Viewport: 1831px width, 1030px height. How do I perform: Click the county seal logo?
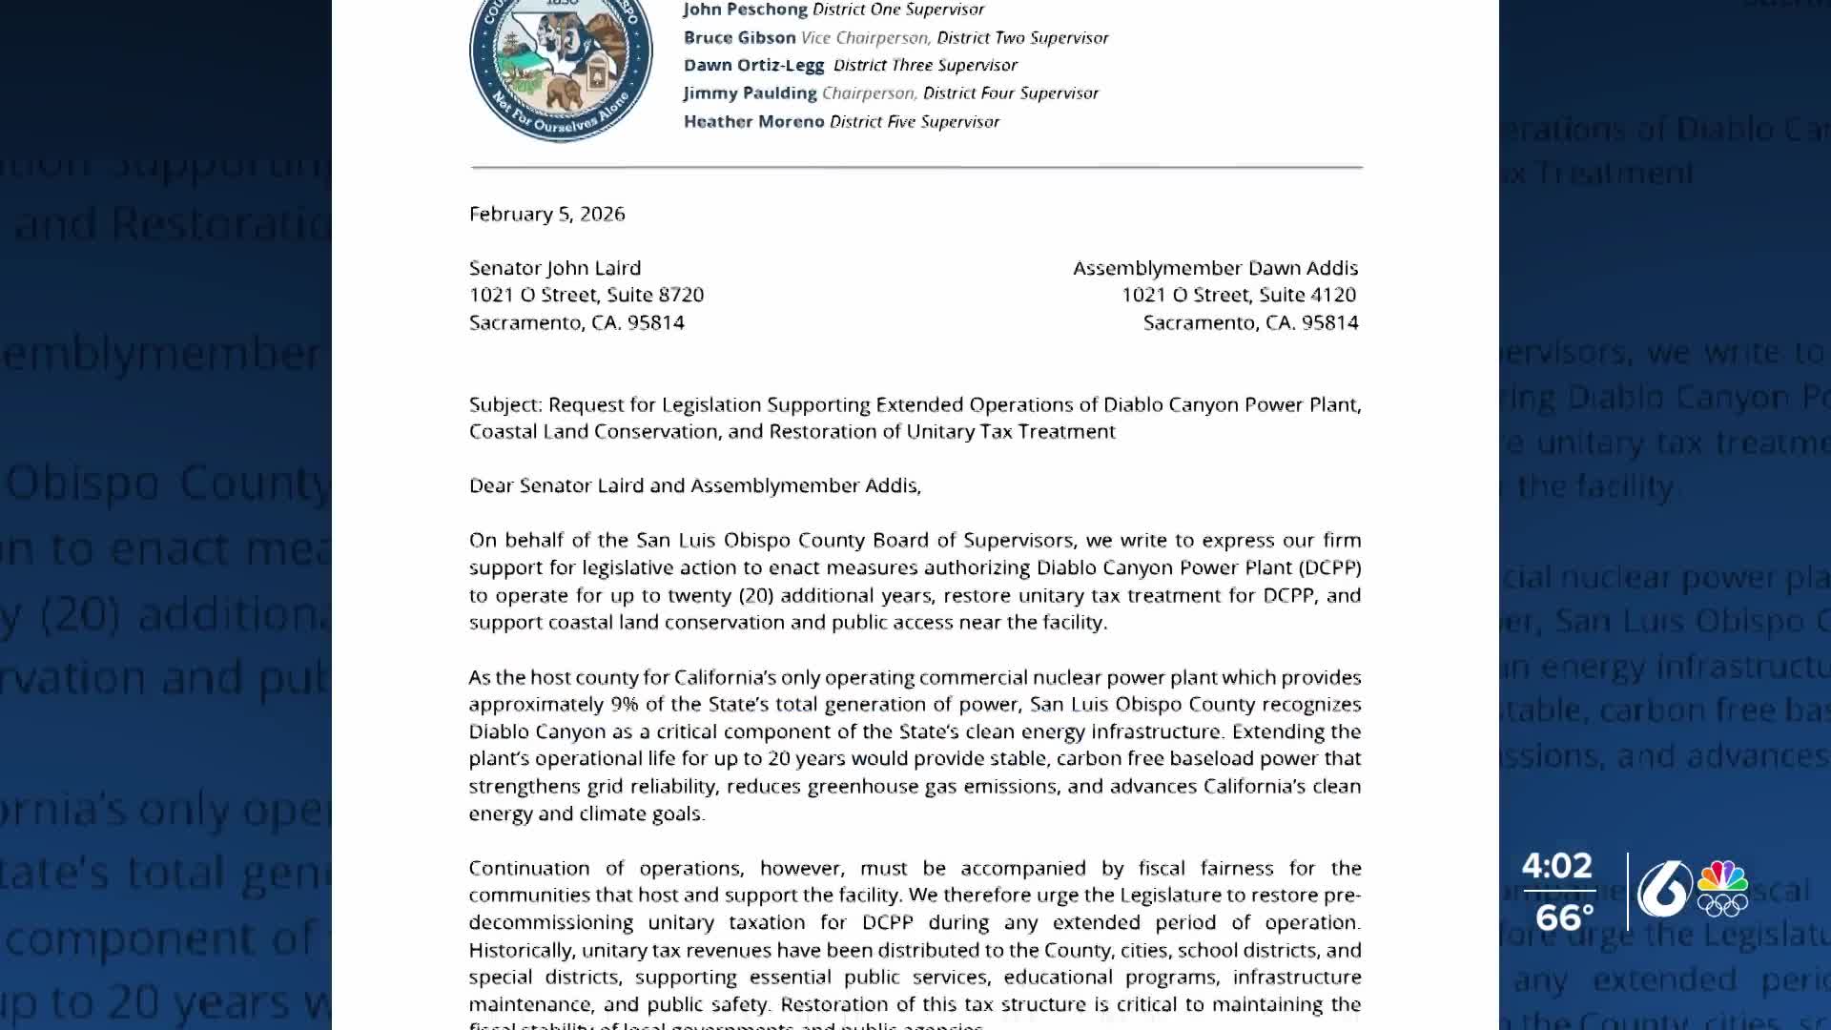[561, 67]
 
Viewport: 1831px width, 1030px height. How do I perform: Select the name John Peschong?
[745, 10]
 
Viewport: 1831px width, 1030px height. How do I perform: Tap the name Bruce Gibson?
[739, 38]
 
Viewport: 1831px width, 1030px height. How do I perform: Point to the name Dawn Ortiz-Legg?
[753, 65]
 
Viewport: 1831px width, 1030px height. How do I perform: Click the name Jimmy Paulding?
[750, 93]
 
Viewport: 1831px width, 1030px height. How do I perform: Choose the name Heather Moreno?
[753, 122]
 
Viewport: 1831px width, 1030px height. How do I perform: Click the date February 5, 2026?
[547, 214]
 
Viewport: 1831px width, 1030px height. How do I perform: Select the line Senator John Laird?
[555, 268]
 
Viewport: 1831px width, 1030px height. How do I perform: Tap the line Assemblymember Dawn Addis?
[1215, 268]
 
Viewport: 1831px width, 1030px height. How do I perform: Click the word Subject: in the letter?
[505, 404]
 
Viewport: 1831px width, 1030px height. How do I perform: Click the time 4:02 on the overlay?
[1556, 866]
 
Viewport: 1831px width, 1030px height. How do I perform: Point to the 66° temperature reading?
[1564, 917]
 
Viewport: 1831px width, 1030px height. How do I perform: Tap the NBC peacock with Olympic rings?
[1722, 888]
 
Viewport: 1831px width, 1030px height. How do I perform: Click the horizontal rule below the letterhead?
[915, 167]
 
